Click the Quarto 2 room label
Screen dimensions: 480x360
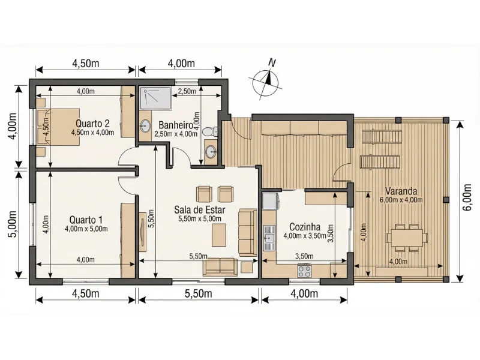pyautogui.click(x=92, y=124)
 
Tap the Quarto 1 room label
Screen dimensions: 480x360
pyautogui.click(x=86, y=220)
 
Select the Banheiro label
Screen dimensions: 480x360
pyautogui.click(x=176, y=125)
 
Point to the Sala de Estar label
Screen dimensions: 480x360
pyautogui.click(x=200, y=209)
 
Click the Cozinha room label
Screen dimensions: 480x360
pyautogui.click(x=305, y=227)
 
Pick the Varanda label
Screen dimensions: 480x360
pyautogui.click(x=401, y=191)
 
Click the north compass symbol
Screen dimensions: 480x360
pyautogui.click(x=265, y=80)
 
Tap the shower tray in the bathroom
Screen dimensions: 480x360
pyautogui.click(x=155, y=98)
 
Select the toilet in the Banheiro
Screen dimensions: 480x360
pyautogui.click(x=210, y=131)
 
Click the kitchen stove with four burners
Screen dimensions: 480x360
pyautogui.click(x=304, y=271)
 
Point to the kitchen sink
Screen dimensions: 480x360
pyautogui.click(x=269, y=238)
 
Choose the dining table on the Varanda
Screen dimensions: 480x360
pyautogui.click(x=407, y=238)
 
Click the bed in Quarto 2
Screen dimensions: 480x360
pyautogui.click(x=58, y=127)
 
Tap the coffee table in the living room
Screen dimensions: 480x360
pyautogui.click(x=219, y=235)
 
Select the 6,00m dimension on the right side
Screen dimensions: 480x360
pyautogui.click(x=467, y=202)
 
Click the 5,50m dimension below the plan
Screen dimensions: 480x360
pyautogui.click(x=199, y=293)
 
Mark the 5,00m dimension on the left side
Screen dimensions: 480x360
pyautogui.click(x=12, y=224)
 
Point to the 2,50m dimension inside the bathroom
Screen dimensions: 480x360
pyautogui.click(x=187, y=91)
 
